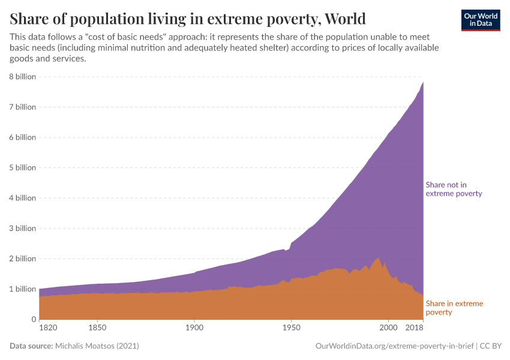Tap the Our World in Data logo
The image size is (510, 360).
(x=480, y=20)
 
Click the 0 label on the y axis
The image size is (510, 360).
(x=34, y=319)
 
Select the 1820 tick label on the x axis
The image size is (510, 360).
(x=48, y=328)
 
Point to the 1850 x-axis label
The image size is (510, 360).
(x=97, y=328)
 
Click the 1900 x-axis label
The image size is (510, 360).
(x=194, y=328)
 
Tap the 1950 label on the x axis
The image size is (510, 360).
(x=291, y=328)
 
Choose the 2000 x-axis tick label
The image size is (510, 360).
(x=388, y=328)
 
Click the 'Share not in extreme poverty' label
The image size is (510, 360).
(x=454, y=189)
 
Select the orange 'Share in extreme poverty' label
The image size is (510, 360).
(x=454, y=308)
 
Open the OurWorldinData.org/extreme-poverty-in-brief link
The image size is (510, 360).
(x=394, y=346)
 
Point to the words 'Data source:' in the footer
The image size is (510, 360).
(x=31, y=346)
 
